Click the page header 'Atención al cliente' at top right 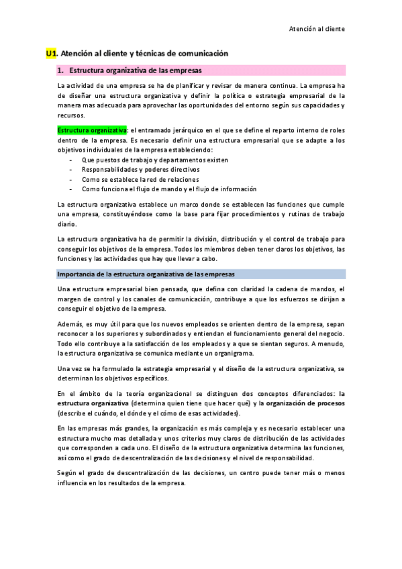[317, 29]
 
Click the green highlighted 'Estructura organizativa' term [83, 130]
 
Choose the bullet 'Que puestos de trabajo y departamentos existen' [154, 160]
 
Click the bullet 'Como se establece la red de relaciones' [140, 179]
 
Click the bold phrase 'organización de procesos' [306, 403]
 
